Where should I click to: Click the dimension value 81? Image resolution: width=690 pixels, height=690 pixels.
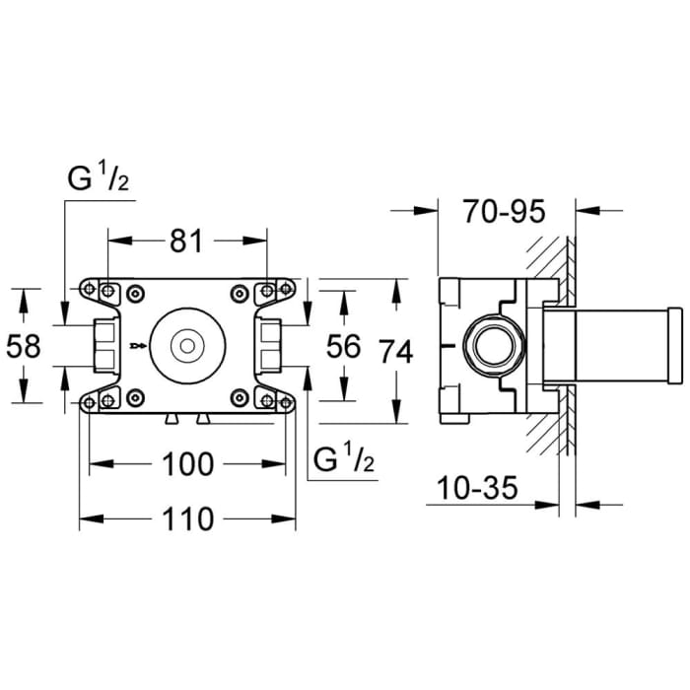[x=186, y=240]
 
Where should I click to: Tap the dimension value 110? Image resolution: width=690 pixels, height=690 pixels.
[x=186, y=517]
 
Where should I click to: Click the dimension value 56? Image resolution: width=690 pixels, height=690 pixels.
[x=343, y=346]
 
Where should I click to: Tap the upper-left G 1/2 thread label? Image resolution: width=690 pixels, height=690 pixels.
[x=99, y=180]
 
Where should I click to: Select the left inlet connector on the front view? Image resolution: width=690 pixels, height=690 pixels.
[x=103, y=345]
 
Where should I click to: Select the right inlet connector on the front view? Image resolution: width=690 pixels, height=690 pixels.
[x=267, y=345]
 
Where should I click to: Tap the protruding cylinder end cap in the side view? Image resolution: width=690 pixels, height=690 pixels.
[x=674, y=345]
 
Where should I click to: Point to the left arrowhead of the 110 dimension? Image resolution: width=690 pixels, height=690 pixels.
[x=85, y=517]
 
